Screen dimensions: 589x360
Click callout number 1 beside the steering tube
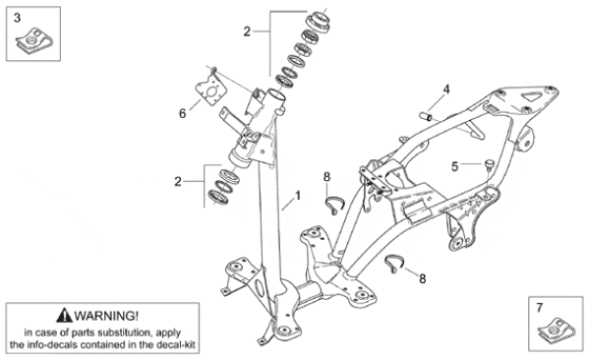point(298,196)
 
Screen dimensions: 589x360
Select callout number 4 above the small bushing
point(446,90)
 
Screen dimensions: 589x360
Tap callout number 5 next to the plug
point(454,166)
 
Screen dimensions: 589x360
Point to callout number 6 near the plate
point(182,113)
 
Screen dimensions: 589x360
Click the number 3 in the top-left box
point(17,18)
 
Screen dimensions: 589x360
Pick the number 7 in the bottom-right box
point(540,308)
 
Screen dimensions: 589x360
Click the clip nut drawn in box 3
point(33,40)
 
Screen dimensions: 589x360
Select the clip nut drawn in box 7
point(557,330)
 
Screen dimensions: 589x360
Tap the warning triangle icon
point(64,316)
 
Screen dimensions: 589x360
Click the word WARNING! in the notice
point(106,316)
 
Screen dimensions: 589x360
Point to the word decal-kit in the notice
point(177,344)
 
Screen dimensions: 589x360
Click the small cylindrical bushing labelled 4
point(426,116)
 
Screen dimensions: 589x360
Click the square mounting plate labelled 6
point(211,91)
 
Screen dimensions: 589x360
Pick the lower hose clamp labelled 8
point(394,263)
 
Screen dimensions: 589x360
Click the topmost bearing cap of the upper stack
point(318,21)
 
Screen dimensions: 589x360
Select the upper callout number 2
point(247,31)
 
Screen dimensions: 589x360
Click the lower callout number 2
point(178,182)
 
